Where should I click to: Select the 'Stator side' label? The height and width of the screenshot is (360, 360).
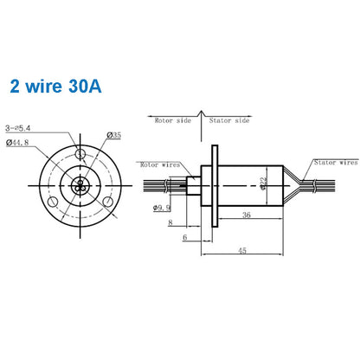(230, 122)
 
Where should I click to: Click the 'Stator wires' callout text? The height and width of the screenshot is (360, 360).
(336, 162)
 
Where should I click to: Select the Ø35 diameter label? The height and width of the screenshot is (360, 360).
(113, 135)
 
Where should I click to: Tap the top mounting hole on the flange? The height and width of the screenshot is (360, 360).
(80, 154)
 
